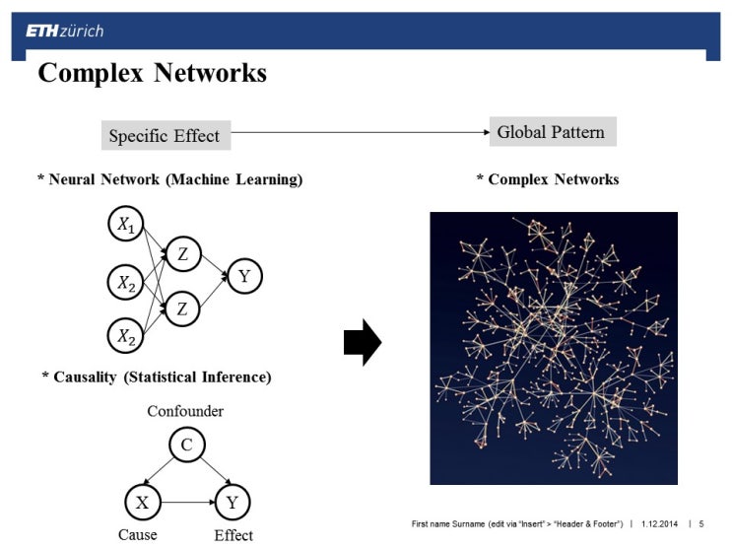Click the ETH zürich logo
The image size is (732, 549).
(64, 31)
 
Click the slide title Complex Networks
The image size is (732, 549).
(152, 73)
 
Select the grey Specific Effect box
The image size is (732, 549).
(166, 136)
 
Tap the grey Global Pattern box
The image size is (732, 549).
(552, 132)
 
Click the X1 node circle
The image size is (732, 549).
(126, 226)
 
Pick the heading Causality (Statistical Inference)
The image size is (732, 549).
(157, 377)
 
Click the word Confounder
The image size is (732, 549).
(185, 411)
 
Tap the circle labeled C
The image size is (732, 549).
(186, 446)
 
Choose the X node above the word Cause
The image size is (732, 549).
(143, 503)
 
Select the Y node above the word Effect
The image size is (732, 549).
(232, 503)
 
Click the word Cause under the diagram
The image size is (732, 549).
(138, 535)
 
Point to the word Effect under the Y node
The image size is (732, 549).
(233, 535)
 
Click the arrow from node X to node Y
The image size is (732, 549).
(187, 503)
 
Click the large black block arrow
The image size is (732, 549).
(362, 342)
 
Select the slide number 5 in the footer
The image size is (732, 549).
(701, 523)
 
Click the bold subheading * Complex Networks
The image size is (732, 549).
(547, 179)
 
